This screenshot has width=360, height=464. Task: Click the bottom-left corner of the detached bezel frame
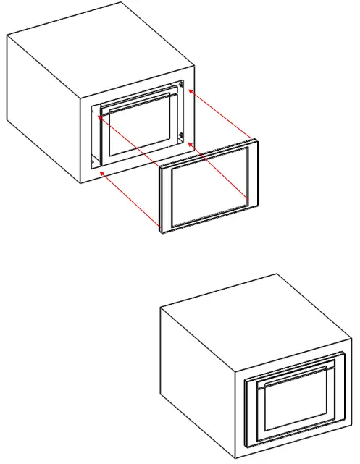[161, 234]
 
